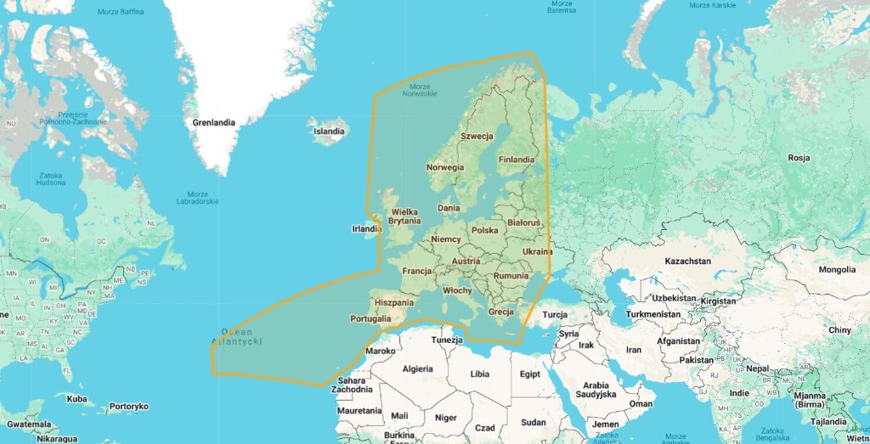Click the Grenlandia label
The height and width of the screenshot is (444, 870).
click(213, 123)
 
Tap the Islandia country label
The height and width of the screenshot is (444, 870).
click(329, 132)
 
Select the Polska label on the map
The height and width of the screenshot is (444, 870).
click(484, 230)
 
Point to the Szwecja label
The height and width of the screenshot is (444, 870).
click(477, 136)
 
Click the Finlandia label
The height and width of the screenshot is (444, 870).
click(517, 160)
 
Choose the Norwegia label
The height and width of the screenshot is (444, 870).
click(445, 167)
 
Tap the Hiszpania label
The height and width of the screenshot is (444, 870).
click(394, 302)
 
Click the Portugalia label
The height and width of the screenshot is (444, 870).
click(370, 319)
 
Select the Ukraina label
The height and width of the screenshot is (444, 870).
click(537, 251)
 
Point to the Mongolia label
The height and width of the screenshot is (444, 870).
click(837, 270)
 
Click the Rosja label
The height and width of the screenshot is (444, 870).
click(799, 158)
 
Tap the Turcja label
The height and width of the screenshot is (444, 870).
click(554, 314)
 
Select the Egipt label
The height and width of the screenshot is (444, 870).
click(529, 374)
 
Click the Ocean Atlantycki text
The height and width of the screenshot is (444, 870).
click(237, 336)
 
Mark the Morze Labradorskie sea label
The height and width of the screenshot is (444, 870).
click(196, 197)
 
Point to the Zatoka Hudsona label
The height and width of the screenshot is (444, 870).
click(50, 179)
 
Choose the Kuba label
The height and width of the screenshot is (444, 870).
click(76, 399)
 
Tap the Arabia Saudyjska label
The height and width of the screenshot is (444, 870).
click(593, 390)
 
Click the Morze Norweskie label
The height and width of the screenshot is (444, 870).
click(420, 90)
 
